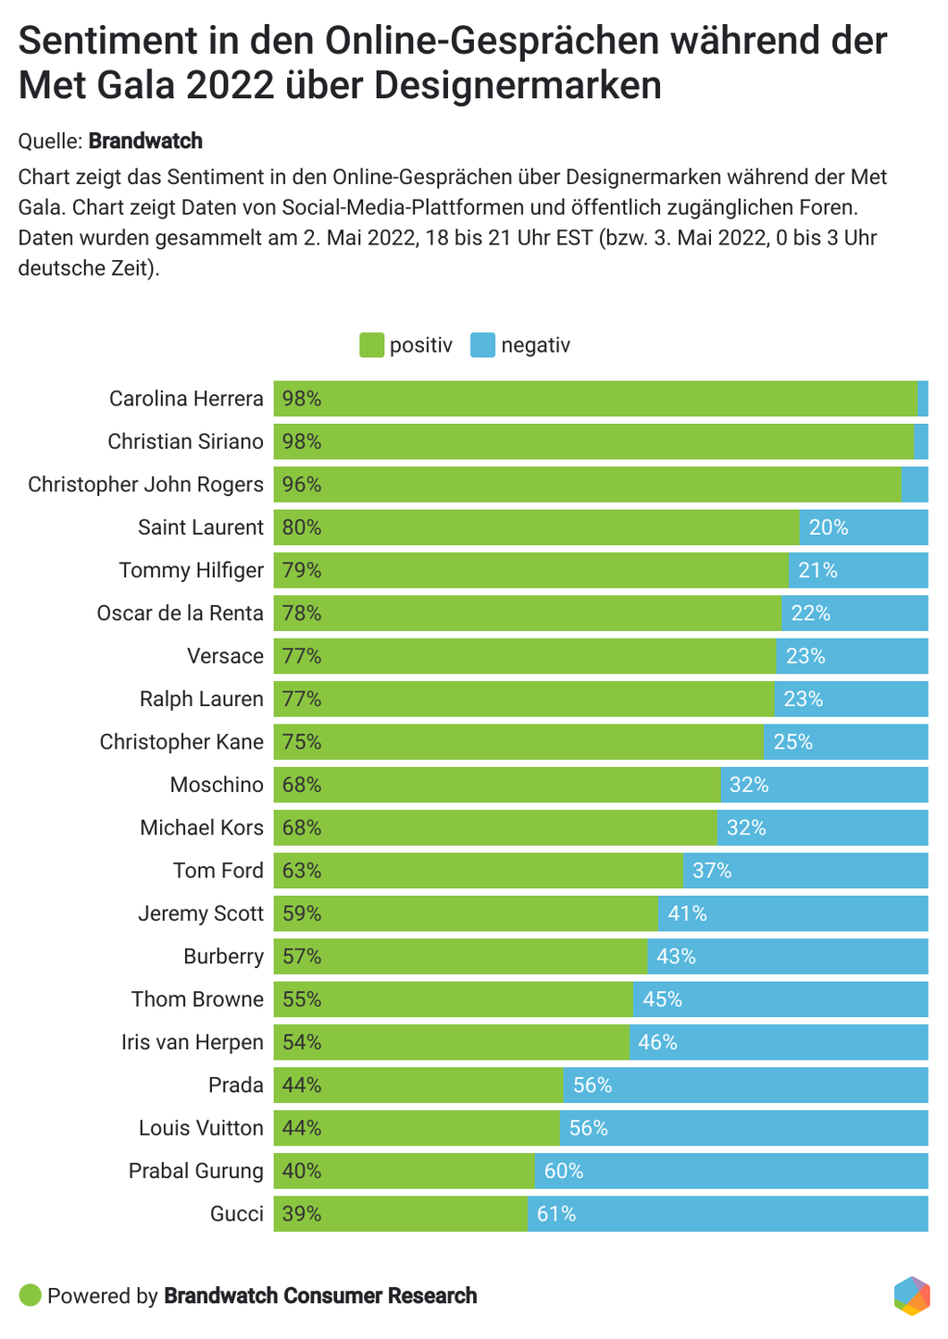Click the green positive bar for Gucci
point(400,1213)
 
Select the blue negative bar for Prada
point(745,1085)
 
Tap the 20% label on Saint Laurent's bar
point(828,527)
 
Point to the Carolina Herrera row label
point(186,399)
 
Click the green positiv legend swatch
point(371,345)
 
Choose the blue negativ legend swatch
point(483,345)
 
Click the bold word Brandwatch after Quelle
point(145,141)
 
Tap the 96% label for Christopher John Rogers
point(302,485)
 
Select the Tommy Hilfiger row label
point(191,570)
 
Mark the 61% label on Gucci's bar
point(556,1213)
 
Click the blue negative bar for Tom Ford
point(805,871)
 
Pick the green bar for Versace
point(524,656)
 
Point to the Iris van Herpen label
point(193,1042)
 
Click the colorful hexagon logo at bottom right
point(911,1296)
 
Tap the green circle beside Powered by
point(31,1296)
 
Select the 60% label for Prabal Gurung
point(564,1171)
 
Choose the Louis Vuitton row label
point(201,1128)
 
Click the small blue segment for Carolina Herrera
point(923,399)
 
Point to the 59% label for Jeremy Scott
point(302,913)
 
